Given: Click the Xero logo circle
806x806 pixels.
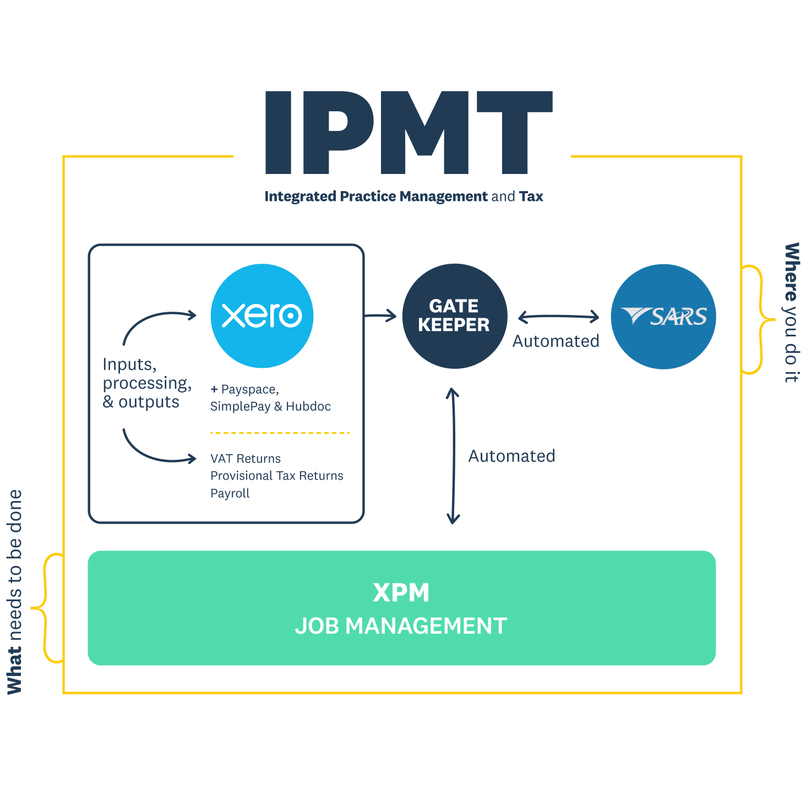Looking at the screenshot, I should point(262,315).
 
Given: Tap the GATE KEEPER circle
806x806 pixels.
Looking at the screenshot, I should point(454,315).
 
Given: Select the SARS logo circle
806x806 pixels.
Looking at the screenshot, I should point(663,316).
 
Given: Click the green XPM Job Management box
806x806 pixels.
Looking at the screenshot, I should point(401,608).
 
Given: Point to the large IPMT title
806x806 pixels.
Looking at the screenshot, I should point(409,132).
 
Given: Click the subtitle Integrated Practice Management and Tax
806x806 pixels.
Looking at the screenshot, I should point(404,197).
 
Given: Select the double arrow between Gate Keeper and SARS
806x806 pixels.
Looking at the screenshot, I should point(558,317).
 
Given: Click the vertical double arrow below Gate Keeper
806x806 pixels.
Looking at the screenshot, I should point(453,456).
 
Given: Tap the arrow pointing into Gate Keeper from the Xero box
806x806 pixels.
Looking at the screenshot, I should point(381,315).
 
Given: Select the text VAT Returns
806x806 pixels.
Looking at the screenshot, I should point(246,459).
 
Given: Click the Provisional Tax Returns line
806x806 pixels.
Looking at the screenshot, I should point(276,476).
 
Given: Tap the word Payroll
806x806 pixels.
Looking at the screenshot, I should point(230,493).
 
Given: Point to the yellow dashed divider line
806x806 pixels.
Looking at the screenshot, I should point(280,433).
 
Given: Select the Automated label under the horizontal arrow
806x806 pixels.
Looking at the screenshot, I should point(556,341).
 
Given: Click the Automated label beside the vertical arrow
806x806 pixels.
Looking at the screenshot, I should point(511,456).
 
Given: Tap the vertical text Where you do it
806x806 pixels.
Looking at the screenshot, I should point(791,313).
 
